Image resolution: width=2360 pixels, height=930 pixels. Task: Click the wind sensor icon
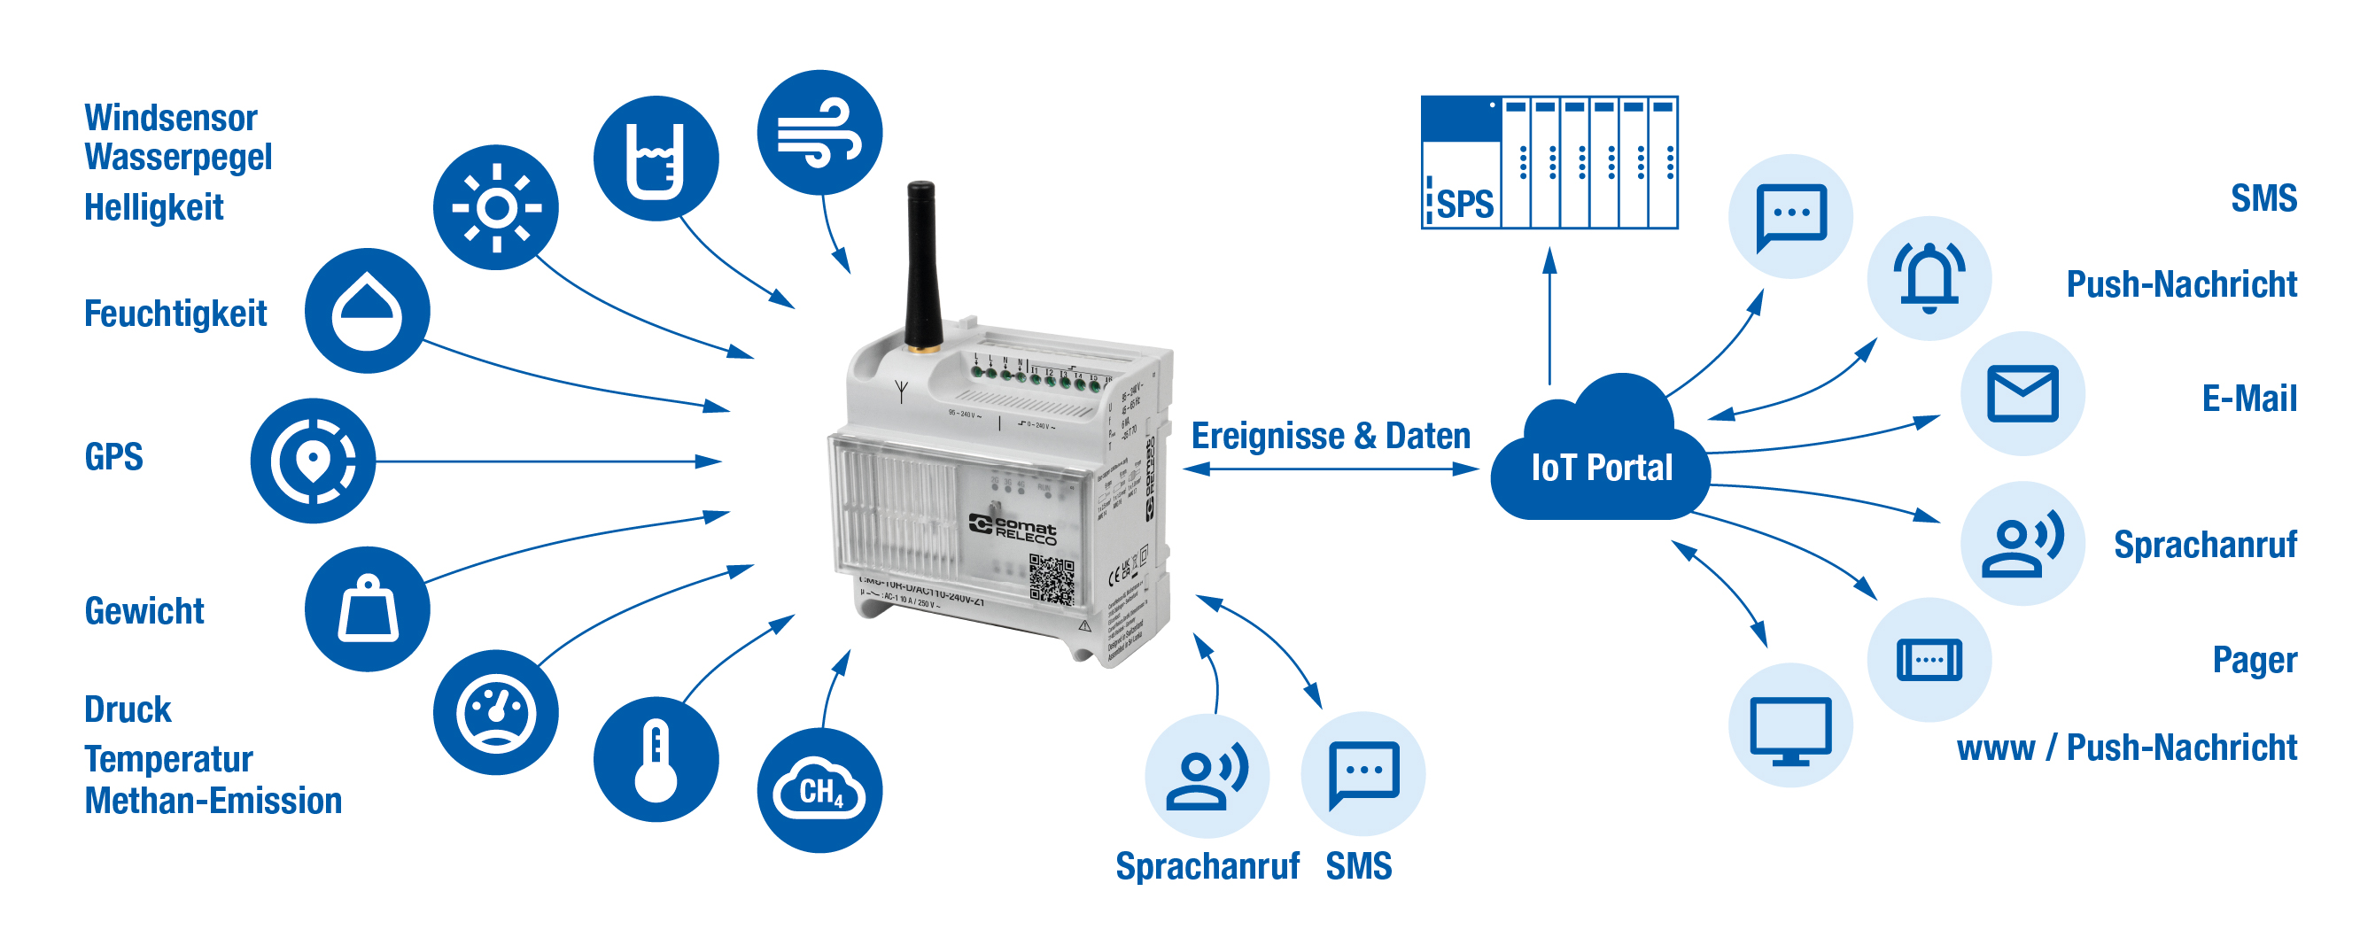pos(819,133)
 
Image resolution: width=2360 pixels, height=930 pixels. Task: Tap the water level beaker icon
pos(656,159)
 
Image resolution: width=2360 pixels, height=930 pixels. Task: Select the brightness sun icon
pos(495,207)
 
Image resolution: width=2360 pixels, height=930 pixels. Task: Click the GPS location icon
pos(313,460)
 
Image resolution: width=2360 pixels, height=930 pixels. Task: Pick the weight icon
pos(368,608)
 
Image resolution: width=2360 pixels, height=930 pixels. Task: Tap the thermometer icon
pos(656,760)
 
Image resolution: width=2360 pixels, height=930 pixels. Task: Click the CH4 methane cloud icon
pos(819,790)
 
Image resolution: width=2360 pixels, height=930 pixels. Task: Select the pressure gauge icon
pos(495,712)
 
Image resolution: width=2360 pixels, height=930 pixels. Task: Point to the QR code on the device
pos(1051,580)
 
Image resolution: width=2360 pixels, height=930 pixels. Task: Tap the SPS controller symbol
pos(1549,162)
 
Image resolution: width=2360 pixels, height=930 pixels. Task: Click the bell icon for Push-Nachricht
pos(1929,277)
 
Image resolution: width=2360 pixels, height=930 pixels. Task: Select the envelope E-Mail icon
pos(2022,393)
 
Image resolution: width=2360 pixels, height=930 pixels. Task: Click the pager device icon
pos(1929,660)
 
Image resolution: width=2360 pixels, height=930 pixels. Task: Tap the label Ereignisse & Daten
pos(1331,436)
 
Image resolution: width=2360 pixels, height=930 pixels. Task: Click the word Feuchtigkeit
pos(175,314)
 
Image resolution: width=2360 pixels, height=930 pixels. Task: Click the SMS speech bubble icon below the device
pos(1363,773)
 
